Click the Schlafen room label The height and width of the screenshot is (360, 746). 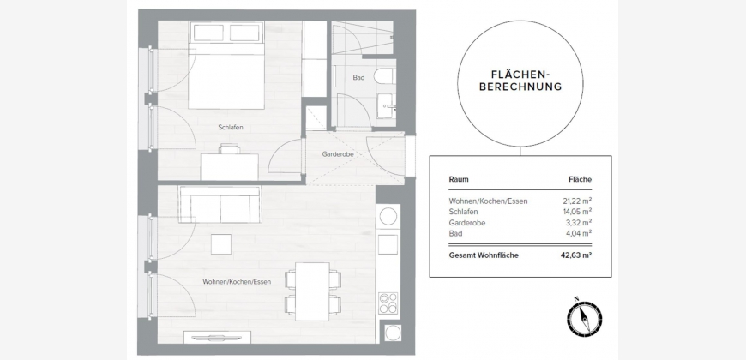point(231,128)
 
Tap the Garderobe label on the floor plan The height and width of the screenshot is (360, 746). point(337,154)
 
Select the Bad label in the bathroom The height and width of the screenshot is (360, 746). point(358,77)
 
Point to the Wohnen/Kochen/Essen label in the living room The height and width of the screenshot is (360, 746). point(237,281)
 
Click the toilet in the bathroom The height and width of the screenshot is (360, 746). point(384,76)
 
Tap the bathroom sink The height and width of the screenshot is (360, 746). point(387,105)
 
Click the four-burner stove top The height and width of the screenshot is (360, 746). point(388,303)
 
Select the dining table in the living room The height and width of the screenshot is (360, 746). point(312,291)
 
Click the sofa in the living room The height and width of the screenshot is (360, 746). point(220,205)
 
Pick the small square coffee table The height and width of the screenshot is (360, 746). point(221,244)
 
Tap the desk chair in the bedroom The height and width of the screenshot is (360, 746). point(229,149)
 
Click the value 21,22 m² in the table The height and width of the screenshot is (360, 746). point(577,201)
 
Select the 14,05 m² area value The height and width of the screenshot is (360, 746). point(577,212)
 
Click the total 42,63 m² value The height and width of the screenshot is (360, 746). point(576,255)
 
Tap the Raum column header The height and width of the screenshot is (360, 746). point(459,179)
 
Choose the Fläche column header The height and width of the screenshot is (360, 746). point(580,179)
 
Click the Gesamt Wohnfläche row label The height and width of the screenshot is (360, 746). point(484,255)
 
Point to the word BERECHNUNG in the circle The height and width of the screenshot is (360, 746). point(520,87)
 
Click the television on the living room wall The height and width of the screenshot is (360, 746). point(217,338)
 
